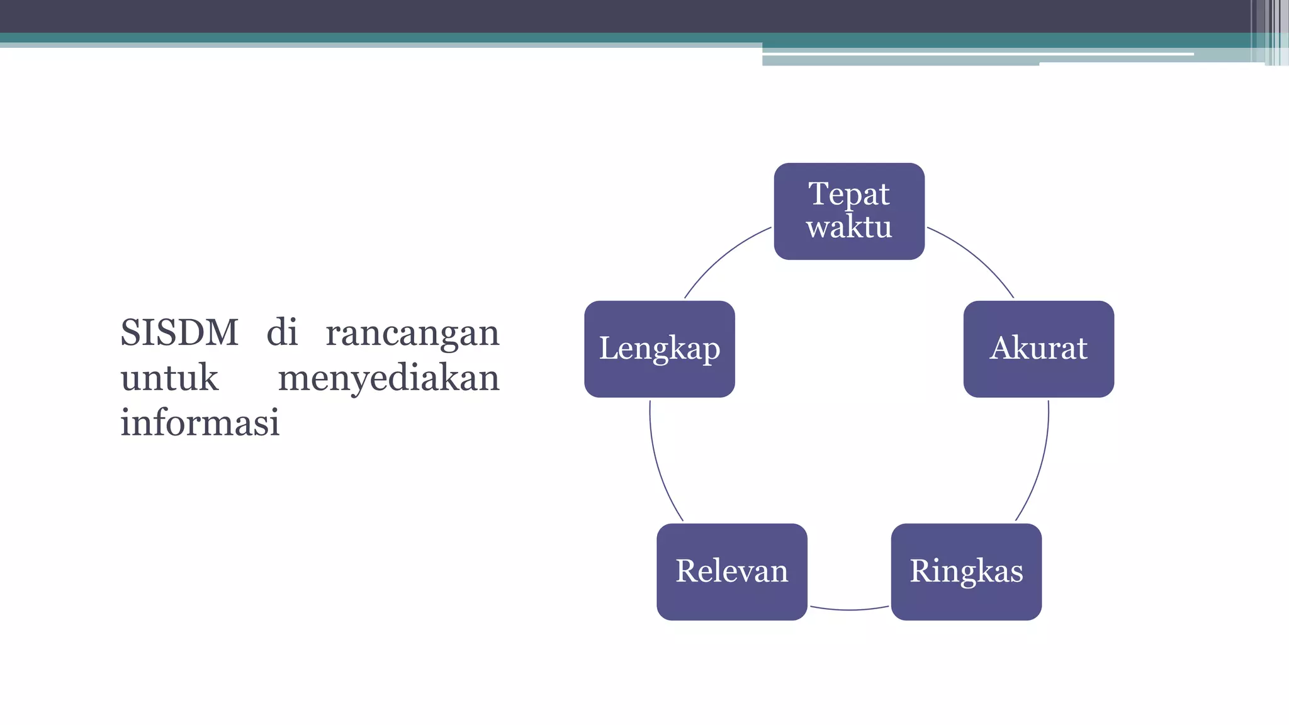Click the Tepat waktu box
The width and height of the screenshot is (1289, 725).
pos(849,211)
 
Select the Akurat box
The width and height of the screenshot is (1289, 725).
pos(1039,349)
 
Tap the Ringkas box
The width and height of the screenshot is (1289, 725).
pos(966,571)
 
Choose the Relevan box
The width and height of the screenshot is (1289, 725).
pos(731,571)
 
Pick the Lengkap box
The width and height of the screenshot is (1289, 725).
pos(659,349)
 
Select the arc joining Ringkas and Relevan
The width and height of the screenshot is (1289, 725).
pos(849,610)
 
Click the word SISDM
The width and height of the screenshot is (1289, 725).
pos(179,332)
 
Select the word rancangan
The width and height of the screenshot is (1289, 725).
pos(412,332)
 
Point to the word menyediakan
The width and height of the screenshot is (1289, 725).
pos(388,378)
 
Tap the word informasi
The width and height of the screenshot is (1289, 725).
pos(200,422)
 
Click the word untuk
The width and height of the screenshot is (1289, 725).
pos(169,378)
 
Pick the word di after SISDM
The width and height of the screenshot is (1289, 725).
pos(281,332)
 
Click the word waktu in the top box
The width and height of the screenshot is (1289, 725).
pos(849,227)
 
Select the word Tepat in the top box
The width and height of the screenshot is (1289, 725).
pos(849,193)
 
